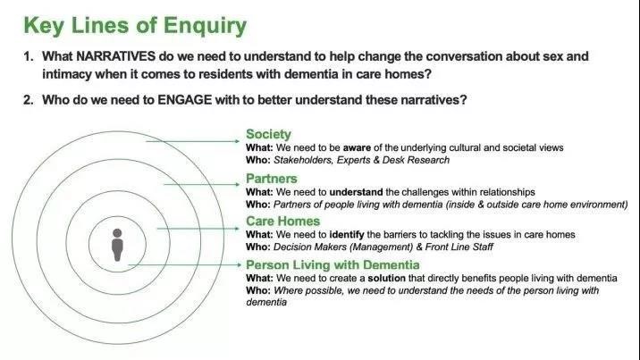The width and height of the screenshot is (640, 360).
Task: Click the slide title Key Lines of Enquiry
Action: coord(135,26)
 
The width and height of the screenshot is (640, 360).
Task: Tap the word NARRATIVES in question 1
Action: coord(115,56)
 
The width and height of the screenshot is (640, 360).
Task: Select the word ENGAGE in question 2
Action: coord(184,100)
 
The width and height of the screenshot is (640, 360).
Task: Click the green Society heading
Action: coord(268,134)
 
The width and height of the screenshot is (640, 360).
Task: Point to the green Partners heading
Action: coord(272,179)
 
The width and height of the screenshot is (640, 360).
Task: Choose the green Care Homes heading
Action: coord(282,221)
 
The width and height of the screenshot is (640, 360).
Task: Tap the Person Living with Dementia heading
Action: coord(333,265)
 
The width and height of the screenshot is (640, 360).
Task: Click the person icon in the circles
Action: coord(117,245)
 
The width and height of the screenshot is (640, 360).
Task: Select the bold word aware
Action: coord(357,147)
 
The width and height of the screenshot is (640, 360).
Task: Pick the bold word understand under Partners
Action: coord(356,192)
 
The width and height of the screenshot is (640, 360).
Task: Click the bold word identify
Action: coord(347,235)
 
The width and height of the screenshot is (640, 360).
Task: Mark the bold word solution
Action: coord(386,279)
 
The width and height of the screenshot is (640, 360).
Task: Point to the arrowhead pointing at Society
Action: coord(237,141)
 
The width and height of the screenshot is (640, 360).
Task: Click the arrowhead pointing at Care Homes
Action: coord(237,229)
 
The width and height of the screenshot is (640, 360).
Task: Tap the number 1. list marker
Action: coord(29,56)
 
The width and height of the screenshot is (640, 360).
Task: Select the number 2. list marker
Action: coord(29,100)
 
